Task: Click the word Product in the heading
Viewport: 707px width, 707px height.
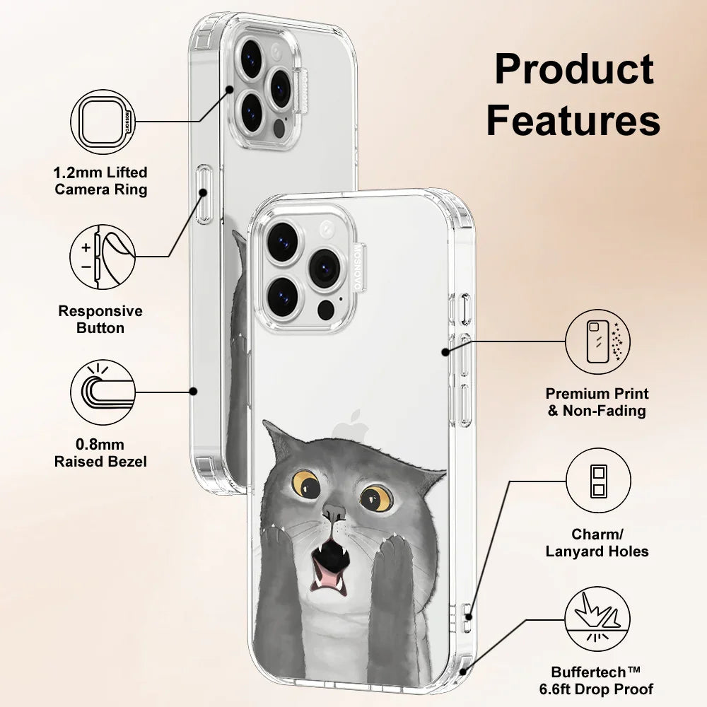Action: (x=573, y=69)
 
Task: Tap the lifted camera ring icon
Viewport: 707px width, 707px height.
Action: (x=103, y=121)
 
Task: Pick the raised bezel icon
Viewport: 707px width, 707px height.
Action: (x=103, y=391)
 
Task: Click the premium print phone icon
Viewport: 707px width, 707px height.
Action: (x=597, y=341)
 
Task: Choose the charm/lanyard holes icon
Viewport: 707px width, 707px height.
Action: (x=597, y=480)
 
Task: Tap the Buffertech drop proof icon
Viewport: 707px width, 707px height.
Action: (x=597, y=622)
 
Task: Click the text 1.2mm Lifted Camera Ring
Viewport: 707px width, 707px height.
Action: (x=101, y=181)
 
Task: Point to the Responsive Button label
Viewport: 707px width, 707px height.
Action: (x=100, y=320)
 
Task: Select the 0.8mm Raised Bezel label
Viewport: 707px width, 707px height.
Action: (x=101, y=453)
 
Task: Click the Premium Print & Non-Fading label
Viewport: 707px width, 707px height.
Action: (x=597, y=402)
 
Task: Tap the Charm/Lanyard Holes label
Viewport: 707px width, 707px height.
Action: (x=597, y=543)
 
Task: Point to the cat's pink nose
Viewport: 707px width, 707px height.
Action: (x=332, y=511)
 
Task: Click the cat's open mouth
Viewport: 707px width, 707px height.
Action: (x=331, y=559)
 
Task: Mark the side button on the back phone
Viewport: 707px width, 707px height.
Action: (x=204, y=194)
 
